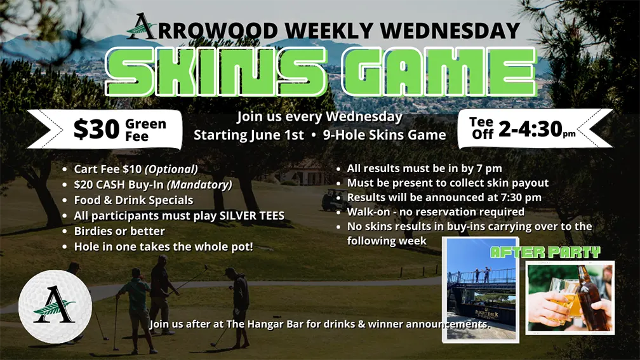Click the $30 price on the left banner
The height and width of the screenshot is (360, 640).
coord(96,129)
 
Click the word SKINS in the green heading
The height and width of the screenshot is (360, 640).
coord(217,72)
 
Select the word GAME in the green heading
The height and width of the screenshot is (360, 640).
coord(438,72)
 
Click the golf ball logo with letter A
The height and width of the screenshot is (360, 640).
coord(55,306)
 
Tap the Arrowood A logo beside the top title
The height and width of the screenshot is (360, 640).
coord(141,27)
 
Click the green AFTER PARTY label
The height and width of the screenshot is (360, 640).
coord(545,252)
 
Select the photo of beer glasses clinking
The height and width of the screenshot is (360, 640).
coord(570,298)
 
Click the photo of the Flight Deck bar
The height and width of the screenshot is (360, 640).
coord(481,290)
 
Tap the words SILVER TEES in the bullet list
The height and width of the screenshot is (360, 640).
coord(252,215)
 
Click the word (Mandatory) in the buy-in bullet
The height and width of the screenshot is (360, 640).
coord(199,185)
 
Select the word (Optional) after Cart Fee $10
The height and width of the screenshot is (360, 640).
coord(171,169)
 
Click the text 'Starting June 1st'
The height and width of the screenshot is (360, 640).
coord(249,135)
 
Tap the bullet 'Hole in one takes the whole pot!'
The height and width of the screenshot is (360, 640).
coord(163,246)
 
